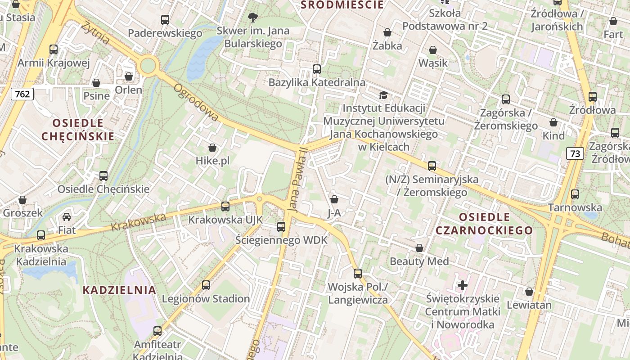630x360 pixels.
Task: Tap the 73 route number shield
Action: (575, 153)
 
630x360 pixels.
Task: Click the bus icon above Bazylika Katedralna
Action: (317, 69)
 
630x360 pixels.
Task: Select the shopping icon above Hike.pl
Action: (212, 148)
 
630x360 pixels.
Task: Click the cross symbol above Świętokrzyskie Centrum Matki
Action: (463, 285)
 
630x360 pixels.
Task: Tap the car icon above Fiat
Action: (67, 217)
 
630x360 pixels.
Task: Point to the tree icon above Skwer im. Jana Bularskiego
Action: (253, 18)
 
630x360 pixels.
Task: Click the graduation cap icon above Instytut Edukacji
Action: (383, 95)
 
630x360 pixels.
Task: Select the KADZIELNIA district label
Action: (119, 290)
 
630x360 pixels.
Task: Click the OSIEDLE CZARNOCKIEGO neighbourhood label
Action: (484, 224)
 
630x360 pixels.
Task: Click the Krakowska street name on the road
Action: (139, 221)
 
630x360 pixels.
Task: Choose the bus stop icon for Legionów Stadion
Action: (206, 285)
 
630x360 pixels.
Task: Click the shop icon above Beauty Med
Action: (419, 248)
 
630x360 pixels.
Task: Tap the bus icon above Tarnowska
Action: (575, 194)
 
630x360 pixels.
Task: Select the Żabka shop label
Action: (387, 45)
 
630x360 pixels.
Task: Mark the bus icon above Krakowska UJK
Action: (225, 207)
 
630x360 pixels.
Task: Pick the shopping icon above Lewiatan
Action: (529, 292)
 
